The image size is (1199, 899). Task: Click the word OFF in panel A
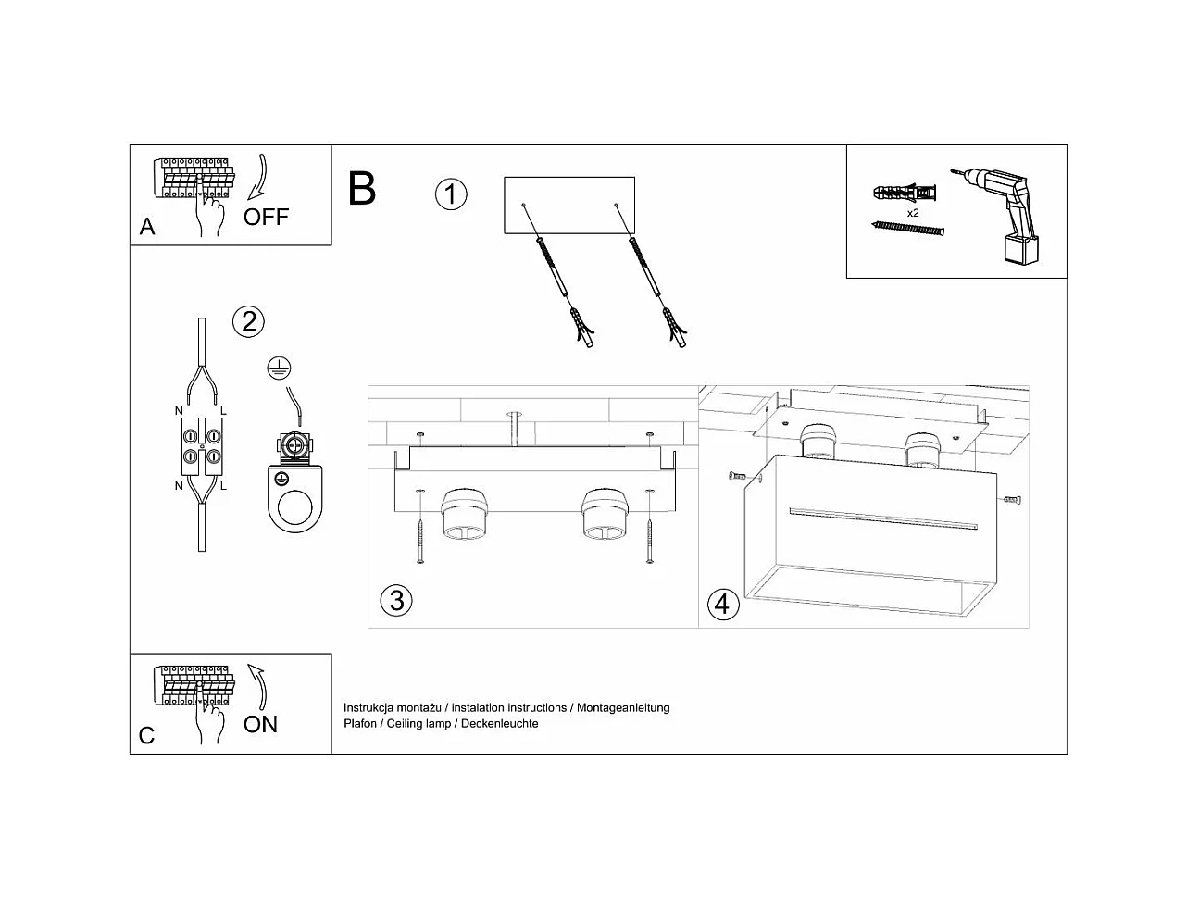[x=266, y=217]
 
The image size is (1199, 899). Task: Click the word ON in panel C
[x=260, y=723]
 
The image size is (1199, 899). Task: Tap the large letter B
[x=362, y=188]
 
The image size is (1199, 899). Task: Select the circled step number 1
[x=451, y=194]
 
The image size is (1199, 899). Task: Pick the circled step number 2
[x=248, y=321]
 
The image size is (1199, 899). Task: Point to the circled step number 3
[x=395, y=600]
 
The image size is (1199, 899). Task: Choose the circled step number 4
[x=723, y=605]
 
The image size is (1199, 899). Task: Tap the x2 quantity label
[x=913, y=213]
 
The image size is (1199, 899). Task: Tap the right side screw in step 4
[x=1011, y=500]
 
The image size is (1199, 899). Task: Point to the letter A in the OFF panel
[x=147, y=227]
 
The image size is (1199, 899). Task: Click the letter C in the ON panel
[x=147, y=735]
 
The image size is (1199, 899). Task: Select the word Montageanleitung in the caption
[x=623, y=707]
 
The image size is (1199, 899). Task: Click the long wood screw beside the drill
[x=908, y=228]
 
